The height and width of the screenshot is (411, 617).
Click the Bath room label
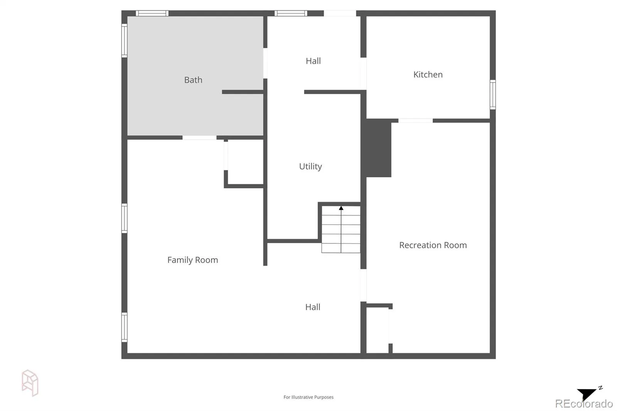point(193,80)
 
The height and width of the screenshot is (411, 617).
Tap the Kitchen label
point(428,74)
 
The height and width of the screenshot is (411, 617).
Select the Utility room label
point(310,167)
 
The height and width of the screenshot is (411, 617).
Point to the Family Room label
point(192,260)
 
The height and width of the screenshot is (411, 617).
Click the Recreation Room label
point(433,245)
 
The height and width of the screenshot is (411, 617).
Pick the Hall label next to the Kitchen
point(313,61)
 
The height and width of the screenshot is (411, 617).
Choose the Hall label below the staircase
point(313,307)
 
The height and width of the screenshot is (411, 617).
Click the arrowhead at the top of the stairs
point(341,208)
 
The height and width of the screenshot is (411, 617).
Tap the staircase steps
point(341,229)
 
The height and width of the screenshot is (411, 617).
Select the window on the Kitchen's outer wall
point(493,94)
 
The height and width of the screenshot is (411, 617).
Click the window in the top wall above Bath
point(152,13)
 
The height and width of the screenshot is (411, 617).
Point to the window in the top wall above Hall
point(291,13)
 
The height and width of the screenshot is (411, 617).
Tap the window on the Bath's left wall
point(125,41)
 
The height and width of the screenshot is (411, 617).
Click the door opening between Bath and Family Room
point(199,138)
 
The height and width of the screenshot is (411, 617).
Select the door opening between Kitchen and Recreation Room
point(416,121)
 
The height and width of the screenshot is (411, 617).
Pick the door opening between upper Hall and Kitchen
point(364,74)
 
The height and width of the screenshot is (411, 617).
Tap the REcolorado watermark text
point(584,404)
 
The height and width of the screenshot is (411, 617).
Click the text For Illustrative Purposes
point(308,397)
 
